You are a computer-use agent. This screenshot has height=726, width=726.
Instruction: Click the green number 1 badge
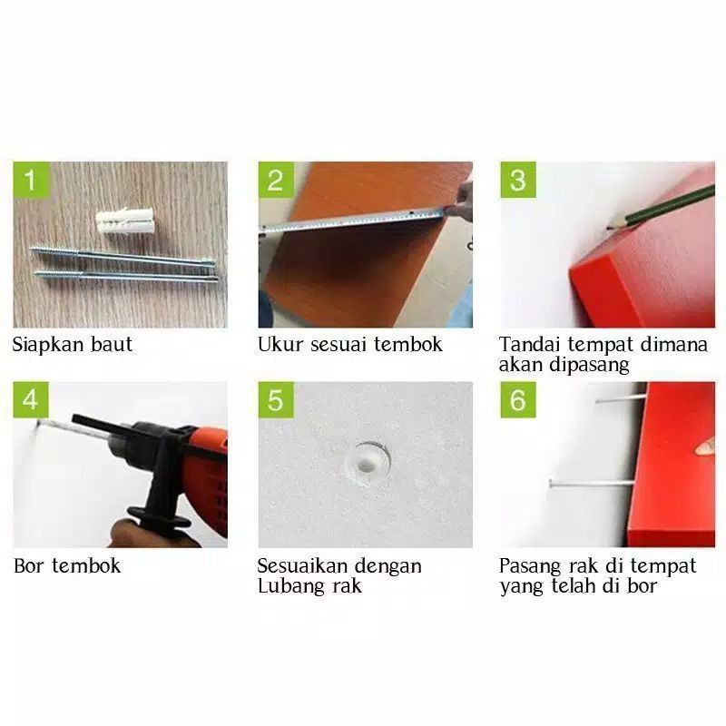coord(30,179)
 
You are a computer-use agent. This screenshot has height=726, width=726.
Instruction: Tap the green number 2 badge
coord(275,179)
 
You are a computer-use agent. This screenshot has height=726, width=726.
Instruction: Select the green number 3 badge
coord(518,179)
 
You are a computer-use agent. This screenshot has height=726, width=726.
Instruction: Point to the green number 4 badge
coord(30,399)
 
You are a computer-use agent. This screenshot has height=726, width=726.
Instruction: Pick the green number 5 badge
coord(275,399)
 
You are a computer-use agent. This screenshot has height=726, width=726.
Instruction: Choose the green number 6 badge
coord(518,399)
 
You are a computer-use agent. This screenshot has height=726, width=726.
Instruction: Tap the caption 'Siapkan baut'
coord(73,345)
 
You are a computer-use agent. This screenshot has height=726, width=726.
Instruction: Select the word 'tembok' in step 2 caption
coord(410,345)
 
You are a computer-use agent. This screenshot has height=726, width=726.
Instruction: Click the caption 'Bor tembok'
coord(67,566)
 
